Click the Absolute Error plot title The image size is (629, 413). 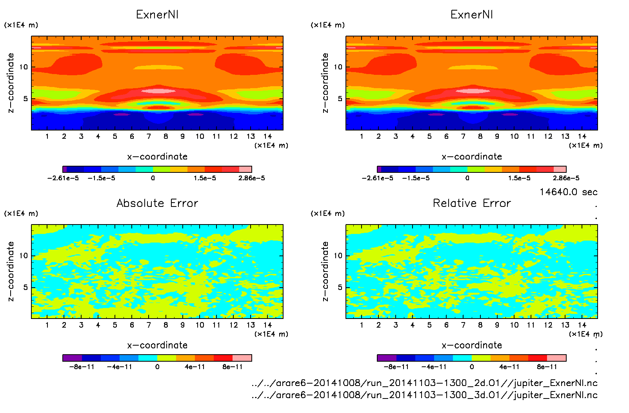click(x=157, y=203)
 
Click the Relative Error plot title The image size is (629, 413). click(x=472, y=203)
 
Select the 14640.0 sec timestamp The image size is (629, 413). click(x=568, y=192)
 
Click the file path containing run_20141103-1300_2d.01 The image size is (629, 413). click(x=424, y=383)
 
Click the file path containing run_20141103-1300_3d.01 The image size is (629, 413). click(x=424, y=395)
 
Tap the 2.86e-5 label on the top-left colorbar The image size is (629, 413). click(x=251, y=178)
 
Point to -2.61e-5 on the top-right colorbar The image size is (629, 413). click(x=377, y=178)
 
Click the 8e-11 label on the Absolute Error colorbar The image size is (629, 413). click(x=233, y=367)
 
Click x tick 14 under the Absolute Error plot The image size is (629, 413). click(x=267, y=325)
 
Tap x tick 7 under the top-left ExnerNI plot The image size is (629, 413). click(x=149, y=136)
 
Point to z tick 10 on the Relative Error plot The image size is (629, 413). click(x=338, y=255)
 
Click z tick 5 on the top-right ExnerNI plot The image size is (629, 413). click(x=340, y=99)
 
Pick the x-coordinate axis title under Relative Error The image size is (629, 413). click(x=472, y=345)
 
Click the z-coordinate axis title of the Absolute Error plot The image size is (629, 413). click(x=11, y=271)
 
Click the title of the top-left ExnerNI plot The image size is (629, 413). click(x=157, y=14)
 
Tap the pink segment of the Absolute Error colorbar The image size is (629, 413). click(x=242, y=358)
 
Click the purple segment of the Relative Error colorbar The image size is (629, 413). click(x=387, y=358)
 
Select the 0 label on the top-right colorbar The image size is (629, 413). click(x=467, y=178)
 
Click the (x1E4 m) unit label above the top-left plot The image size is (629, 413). click(x=21, y=25)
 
